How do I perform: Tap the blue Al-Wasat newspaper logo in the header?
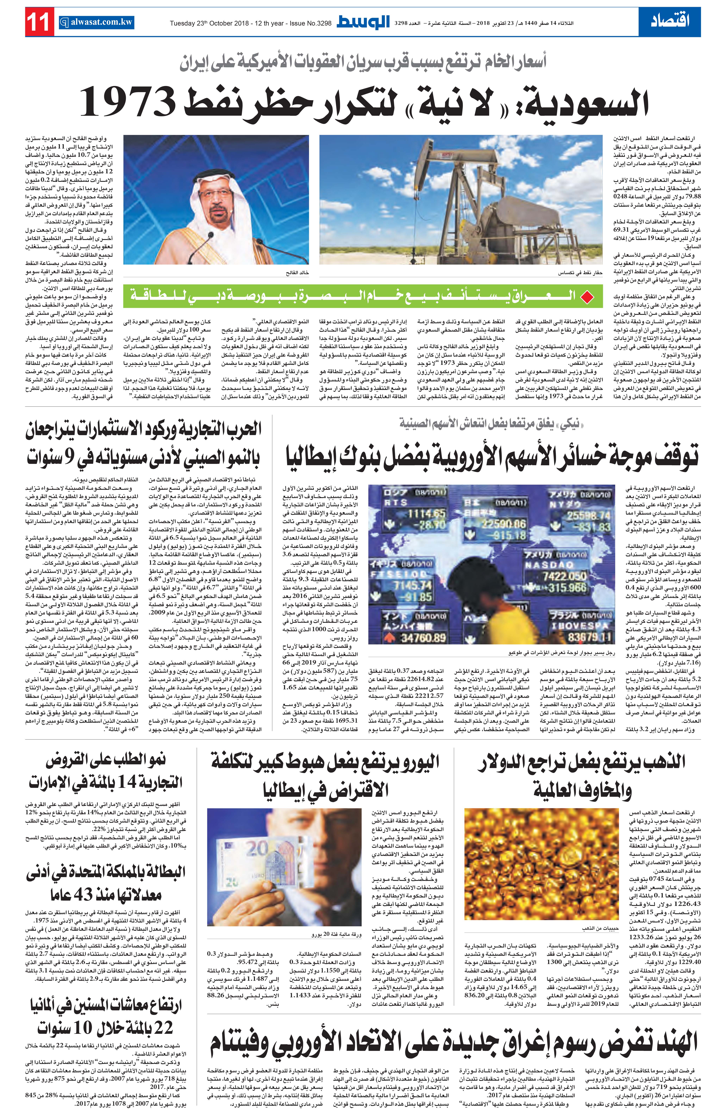coord(363,22)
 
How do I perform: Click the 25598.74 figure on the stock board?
coord(589,515)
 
